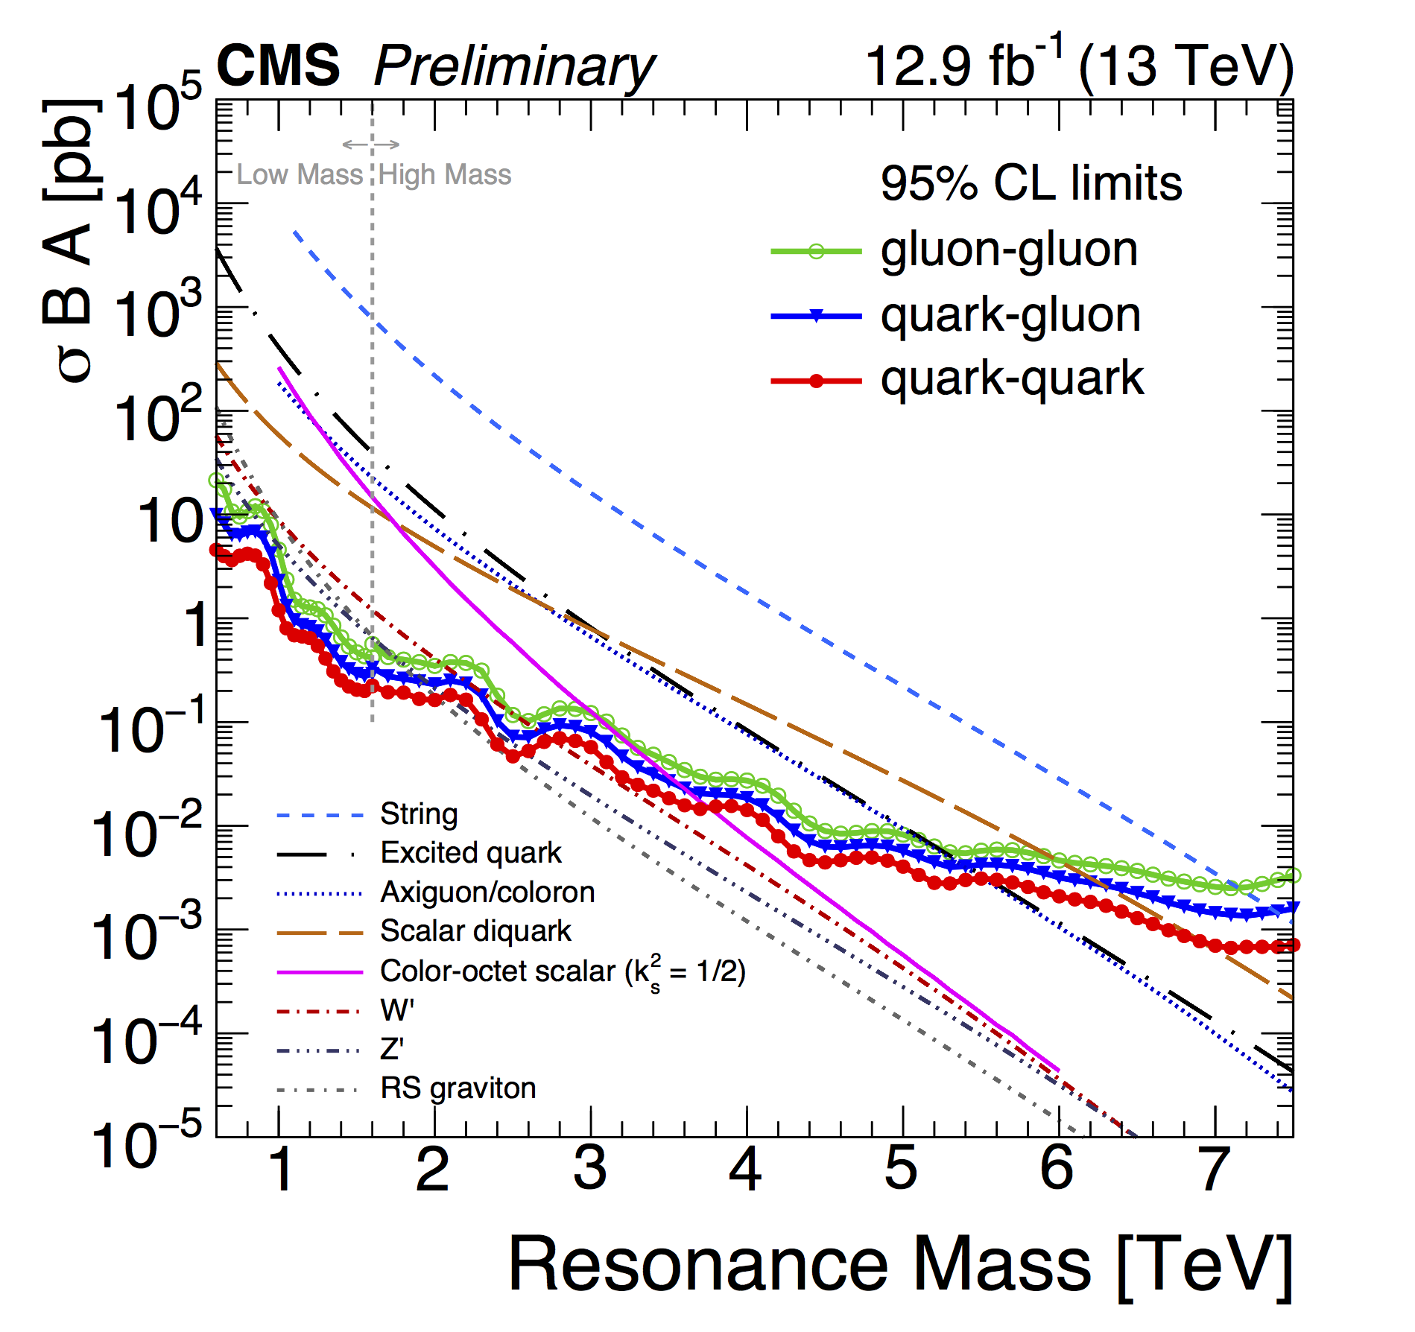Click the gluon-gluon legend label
pos(1009,250)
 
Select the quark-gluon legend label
pos(1010,315)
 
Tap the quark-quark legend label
pos(1012,378)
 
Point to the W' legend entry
pos(396,1010)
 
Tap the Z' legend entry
pos(392,1050)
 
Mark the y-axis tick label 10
pos(170,521)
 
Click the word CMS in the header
pos(278,66)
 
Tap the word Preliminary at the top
pos(514,67)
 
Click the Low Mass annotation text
pos(300,175)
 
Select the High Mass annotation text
pos(445,175)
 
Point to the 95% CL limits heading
pos(1031,183)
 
